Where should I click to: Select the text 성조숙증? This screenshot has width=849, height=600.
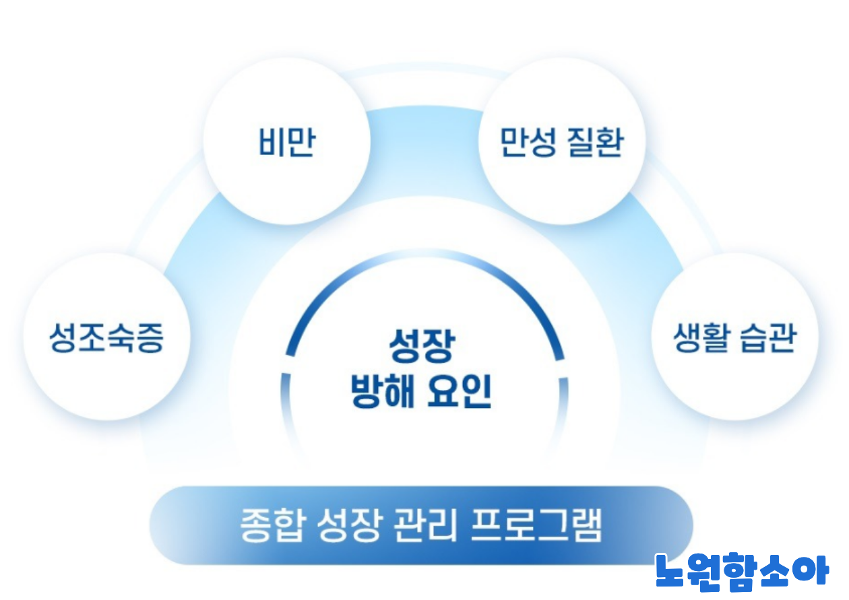pyautogui.click(x=106, y=337)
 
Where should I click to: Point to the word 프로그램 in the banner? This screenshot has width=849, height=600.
pyautogui.click(x=536, y=526)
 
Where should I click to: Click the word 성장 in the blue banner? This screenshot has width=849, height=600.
pyautogui.click(x=346, y=526)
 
